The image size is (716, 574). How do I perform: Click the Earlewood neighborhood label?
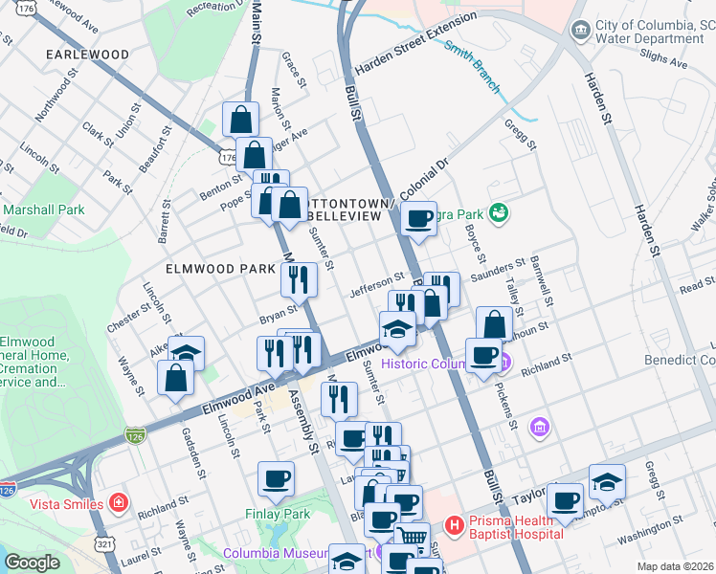(88, 55)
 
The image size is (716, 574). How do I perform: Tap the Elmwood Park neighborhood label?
(220, 270)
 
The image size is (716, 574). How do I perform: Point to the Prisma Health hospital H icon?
(455, 525)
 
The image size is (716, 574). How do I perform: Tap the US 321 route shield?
(105, 543)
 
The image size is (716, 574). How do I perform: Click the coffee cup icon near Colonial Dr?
(418, 218)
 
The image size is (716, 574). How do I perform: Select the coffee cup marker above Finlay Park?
(277, 478)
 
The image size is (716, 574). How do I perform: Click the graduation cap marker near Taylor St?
(607, 481)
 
